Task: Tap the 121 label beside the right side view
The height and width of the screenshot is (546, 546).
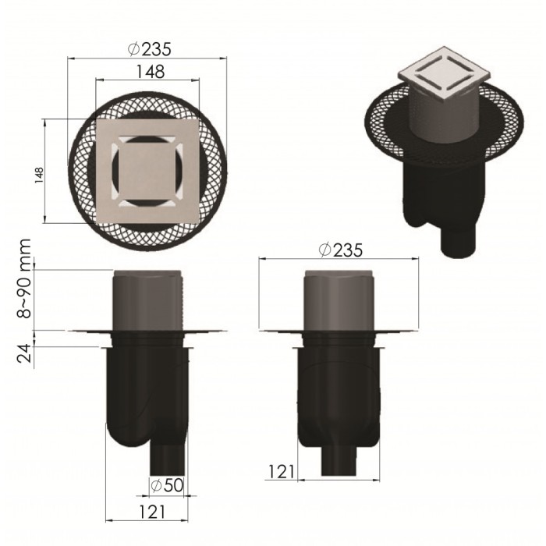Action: coord(282,471)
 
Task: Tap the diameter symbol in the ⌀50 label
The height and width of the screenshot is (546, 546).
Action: coord(156,485)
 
